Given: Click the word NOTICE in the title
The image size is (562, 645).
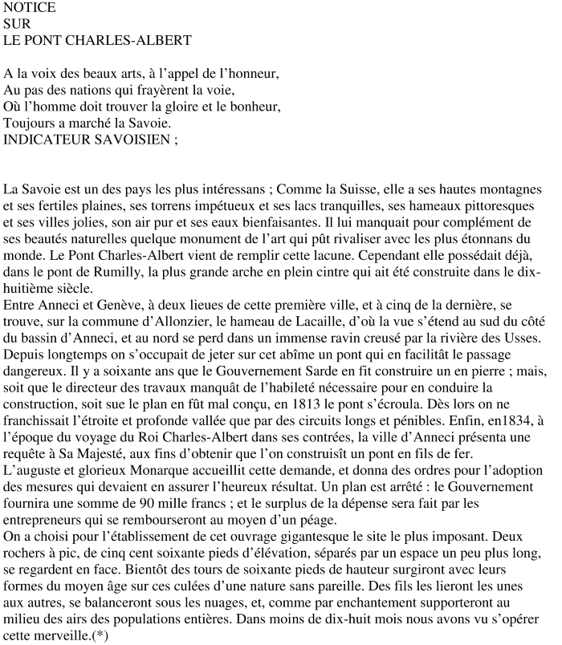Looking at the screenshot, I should (x=30, y=8).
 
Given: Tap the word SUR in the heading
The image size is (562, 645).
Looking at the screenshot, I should (x=16, y=23).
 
